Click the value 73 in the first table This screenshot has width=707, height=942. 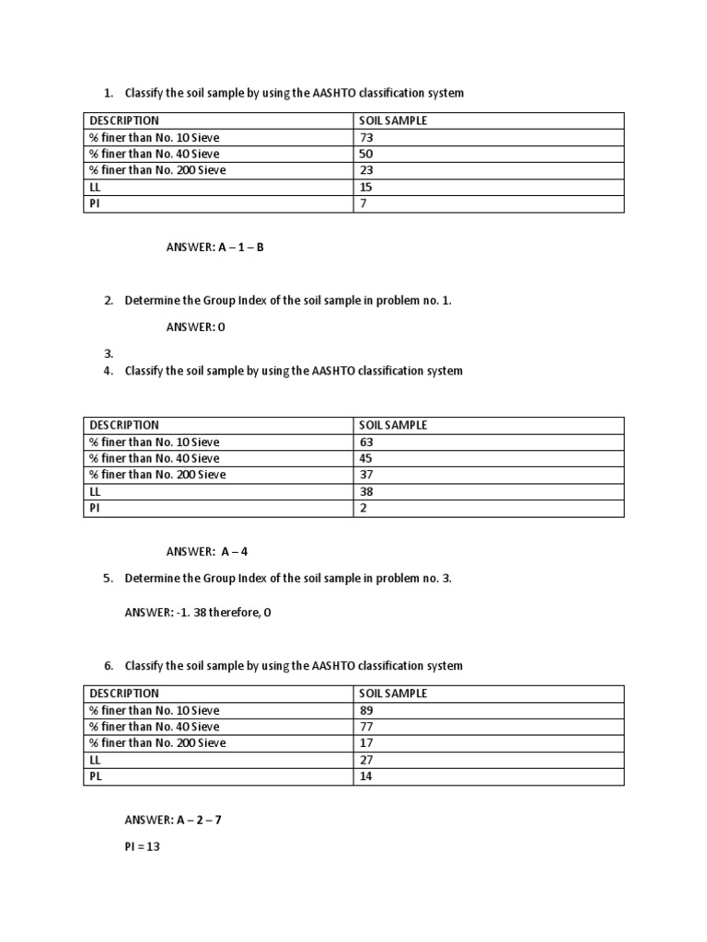[366, 137]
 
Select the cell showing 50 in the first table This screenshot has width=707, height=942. [366, 154]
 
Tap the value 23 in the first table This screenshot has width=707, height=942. [366, 170]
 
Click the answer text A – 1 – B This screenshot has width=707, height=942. [241, 247]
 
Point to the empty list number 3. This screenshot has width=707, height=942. [109, 353]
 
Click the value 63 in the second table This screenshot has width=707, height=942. [366, 442]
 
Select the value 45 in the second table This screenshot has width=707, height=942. [366, 458]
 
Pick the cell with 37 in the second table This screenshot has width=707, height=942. [366, 475]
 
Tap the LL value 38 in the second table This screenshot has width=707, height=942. [366, 491]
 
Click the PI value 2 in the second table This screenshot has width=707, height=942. [364, 508]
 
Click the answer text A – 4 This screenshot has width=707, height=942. [234, 552]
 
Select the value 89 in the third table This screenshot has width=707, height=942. [366, 710]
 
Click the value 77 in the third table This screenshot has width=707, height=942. [366, 727]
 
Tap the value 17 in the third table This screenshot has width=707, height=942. [366, 743]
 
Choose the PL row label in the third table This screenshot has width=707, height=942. [95, 776]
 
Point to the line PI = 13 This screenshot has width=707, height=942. [143, 847]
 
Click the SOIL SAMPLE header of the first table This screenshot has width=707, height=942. [393, 121]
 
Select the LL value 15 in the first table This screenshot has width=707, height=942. [366, 187]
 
